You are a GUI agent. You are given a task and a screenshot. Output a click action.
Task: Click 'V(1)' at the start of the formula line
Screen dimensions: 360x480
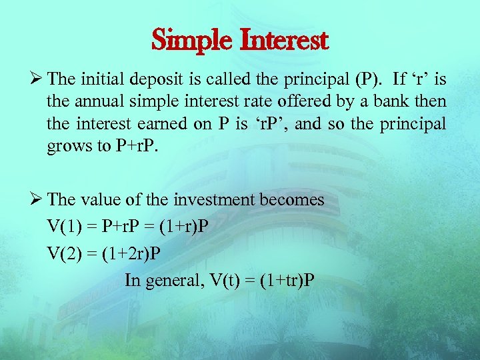coord(63,226)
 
